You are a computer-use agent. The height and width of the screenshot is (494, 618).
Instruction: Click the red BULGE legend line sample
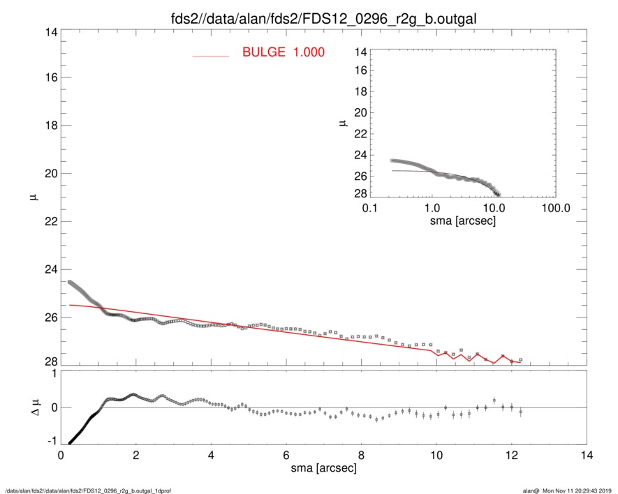[x=211, y=55]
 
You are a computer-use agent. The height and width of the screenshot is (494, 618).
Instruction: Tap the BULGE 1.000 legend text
[x=283, y=52]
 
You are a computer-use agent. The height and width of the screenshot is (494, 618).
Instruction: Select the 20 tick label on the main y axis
[x=47, y=174]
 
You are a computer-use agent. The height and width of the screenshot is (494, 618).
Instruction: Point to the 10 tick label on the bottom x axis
[x=436, y=455]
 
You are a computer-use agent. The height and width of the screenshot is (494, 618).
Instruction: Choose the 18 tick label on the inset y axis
[x=360, y=92]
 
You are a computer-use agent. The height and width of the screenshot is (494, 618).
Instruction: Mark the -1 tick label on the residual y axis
[x=50, y=442]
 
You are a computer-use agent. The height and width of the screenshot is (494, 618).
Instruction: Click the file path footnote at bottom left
[x=88, y=491]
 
